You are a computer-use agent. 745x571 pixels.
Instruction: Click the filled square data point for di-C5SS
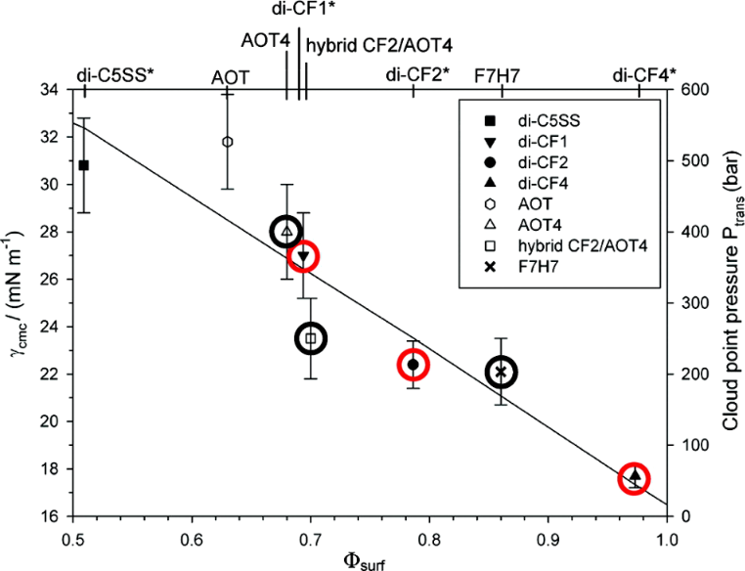click(84, 165)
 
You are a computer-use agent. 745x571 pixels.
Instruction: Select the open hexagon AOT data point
click(228, 142)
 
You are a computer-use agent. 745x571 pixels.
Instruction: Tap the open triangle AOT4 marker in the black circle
click(285, 232)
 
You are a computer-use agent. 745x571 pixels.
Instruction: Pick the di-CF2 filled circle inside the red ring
click(413, 365)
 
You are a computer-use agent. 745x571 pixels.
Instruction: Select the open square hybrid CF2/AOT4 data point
click(311, 338)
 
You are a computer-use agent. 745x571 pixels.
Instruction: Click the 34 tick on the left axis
click(49, 90)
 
